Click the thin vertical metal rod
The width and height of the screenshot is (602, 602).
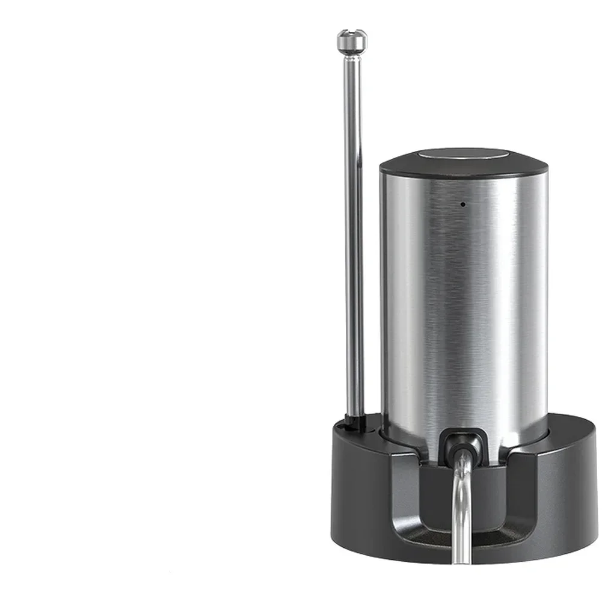point(353,241)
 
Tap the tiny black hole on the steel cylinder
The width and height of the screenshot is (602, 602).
point(463,204)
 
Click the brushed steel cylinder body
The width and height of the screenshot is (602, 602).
point(463,301)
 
